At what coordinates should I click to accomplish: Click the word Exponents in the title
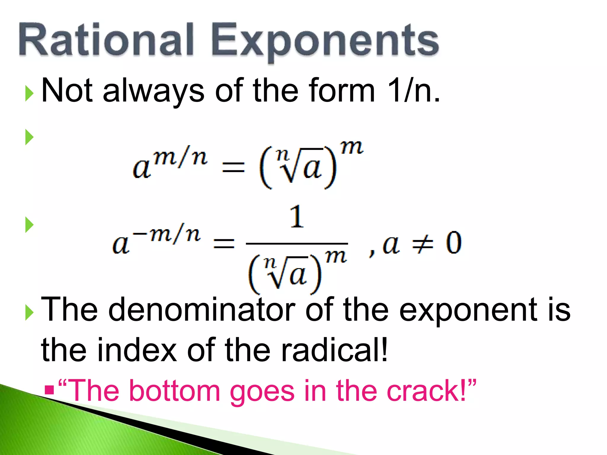pyautogui.click(x=325, y=41)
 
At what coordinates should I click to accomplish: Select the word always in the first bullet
pyautogui.click(x=154, y=91)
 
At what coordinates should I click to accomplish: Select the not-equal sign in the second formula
pyautogui.click(x=423, y=243)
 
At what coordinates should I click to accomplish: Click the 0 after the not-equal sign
pyautogui.click(x=453, y=243)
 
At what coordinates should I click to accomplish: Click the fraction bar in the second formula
pyautogui.click(x=297, y=244)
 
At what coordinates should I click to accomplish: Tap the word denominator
pyautogui.click(x=202, y=310)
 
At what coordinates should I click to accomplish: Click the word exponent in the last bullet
pyautogui.click(x=468, y=310)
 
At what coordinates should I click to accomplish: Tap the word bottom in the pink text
pyautogui.click(x=175, y=391)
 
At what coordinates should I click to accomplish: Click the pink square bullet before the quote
pyautogui.click(x=49, y=390)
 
